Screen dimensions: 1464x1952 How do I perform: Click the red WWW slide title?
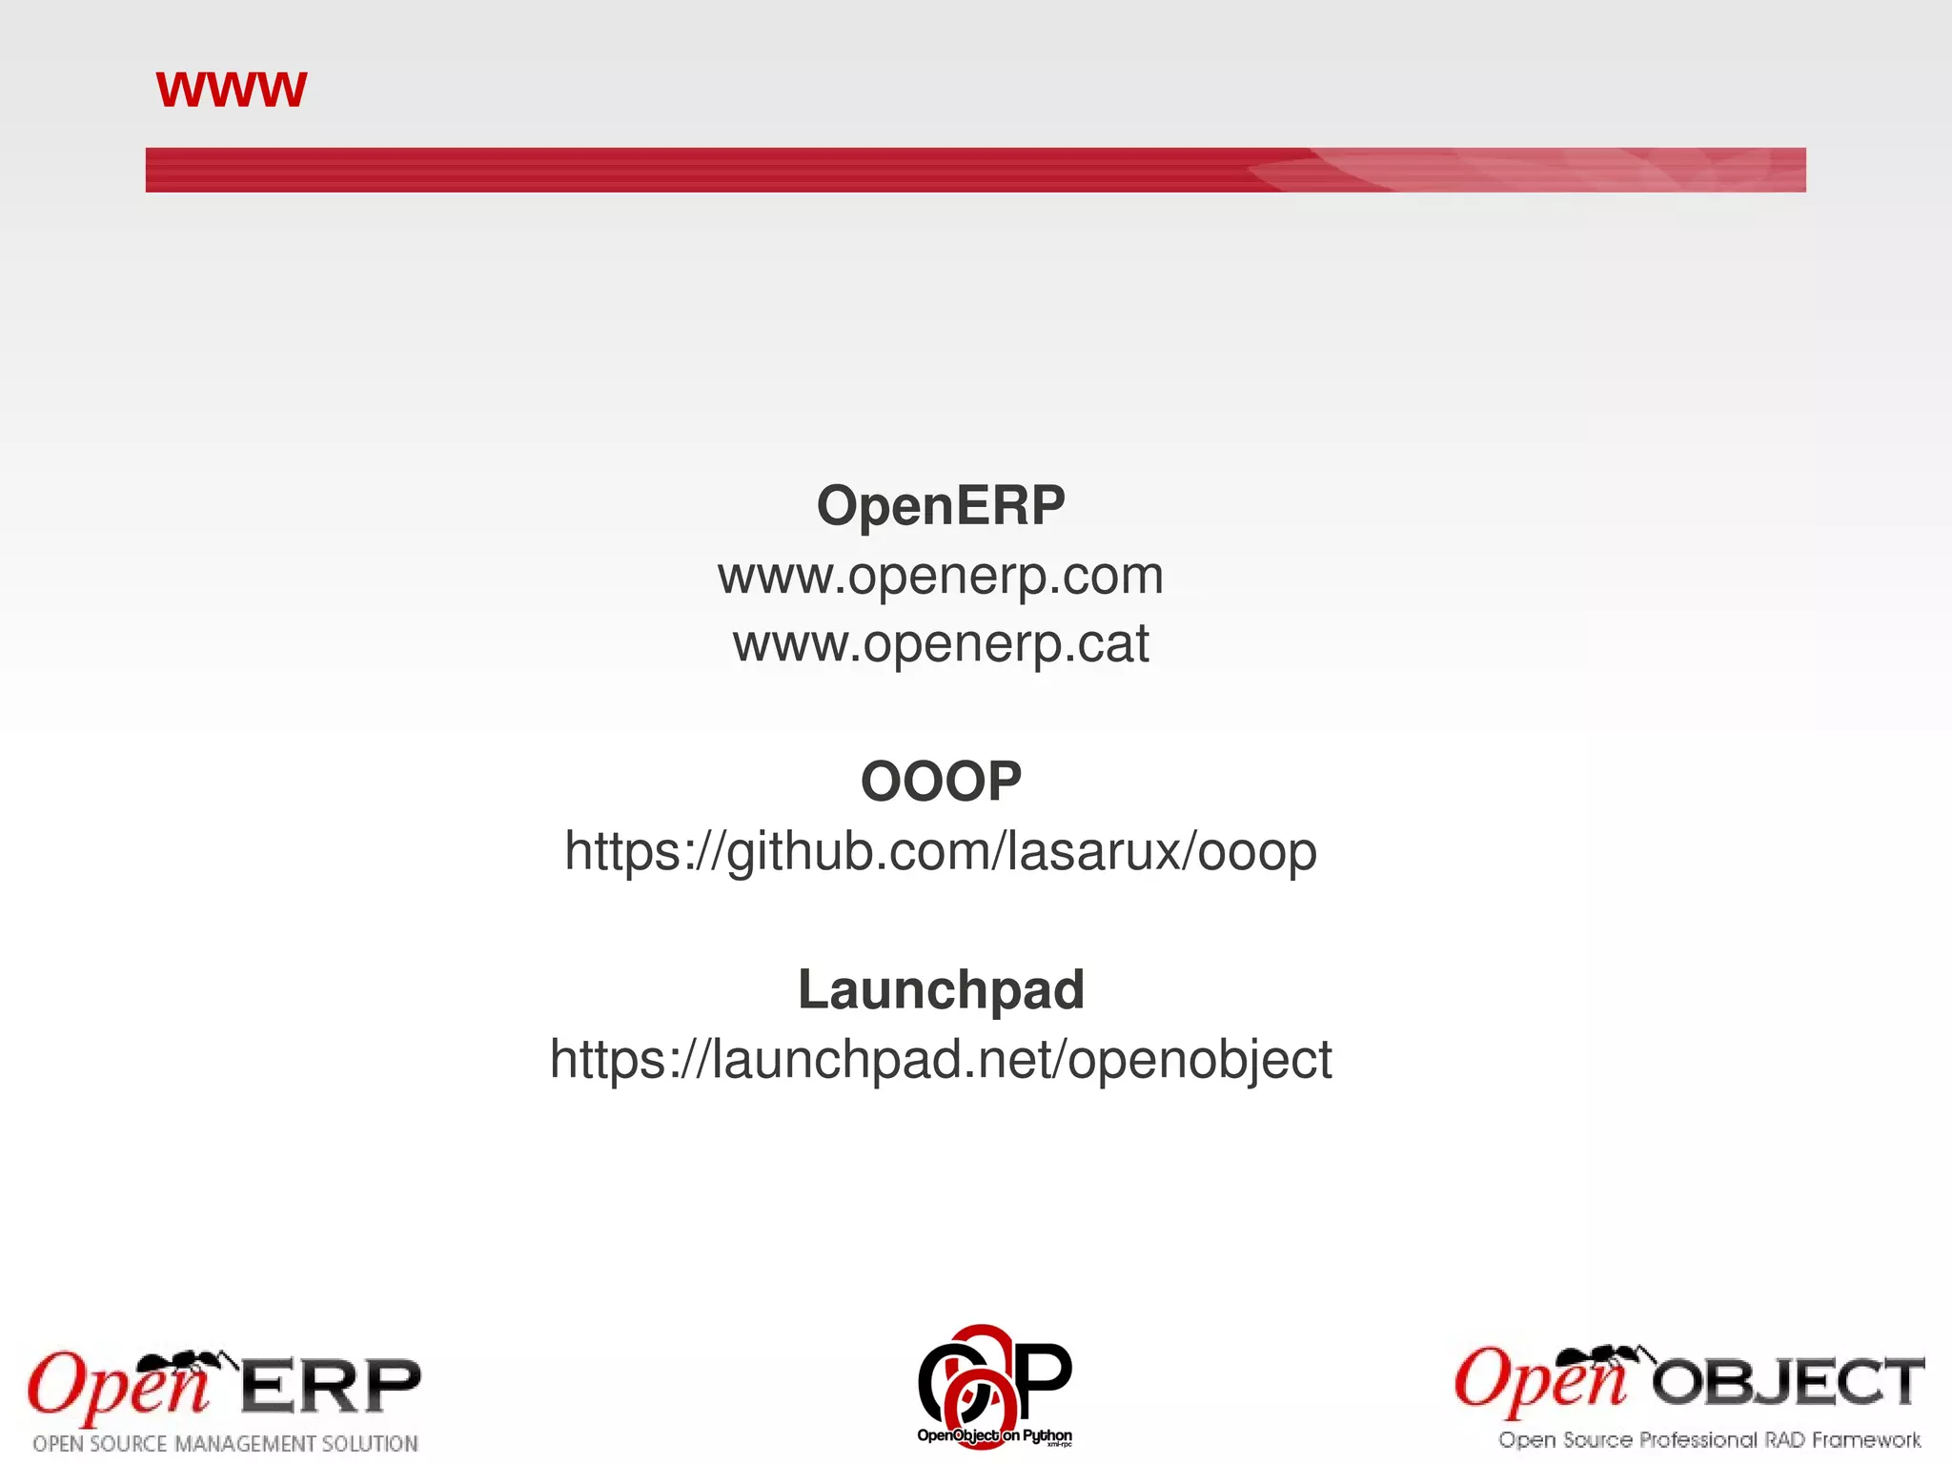click(x=231, y=90)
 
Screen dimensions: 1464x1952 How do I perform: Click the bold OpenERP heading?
click(x=941, y=505)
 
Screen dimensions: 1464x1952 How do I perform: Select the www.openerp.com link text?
click(x=941, y=576)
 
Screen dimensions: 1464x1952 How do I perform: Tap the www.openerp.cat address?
click(x=941, y=643)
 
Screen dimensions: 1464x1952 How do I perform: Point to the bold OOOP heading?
click(x=941, y=781)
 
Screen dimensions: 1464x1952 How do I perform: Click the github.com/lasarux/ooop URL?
click(x=941, y=850)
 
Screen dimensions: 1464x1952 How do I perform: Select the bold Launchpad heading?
click(x=941, y=989)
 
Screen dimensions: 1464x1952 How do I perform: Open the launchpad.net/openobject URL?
click(x=941, y=1059)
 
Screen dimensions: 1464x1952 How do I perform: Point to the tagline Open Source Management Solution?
click(x=226, y=1443)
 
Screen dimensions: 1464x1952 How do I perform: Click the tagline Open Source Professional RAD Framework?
click(x=1709, y=1439)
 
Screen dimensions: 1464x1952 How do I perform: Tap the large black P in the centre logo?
click(x=1047, y=1376)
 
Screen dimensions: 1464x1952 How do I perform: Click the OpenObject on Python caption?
click(x=994, y=1435)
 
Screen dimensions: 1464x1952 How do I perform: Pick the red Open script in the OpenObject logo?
click(x=1539, y=1382)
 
